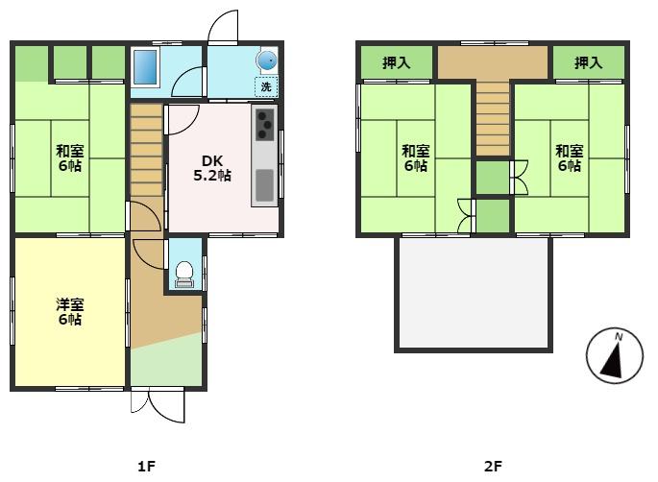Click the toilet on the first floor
click(x=183, y=275)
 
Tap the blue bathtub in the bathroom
click(x=145, y=67)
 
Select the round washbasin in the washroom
click(x=266, y=60)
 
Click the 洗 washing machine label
click(x=266, y=87)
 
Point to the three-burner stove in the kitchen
click(x=265, y=125)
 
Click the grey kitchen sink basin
click(x=265, y=184)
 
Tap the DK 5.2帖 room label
click(x=212, y=168)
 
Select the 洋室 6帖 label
click(x=70, y=312)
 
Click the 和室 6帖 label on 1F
click(x=70, y=157)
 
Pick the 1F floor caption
click(x=146, y=466)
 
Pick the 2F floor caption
click(x=493, y=466)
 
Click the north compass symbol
click(x=615, y=355)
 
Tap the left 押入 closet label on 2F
click(x=396, y=63)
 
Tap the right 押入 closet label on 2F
click(x=588, y=63)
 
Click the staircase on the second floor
click(x=493, y=119)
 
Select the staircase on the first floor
click(x=146, y=150)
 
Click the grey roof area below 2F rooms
click(x=474, y=293)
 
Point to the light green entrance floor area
click(x=166, y=360)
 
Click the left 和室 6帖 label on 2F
click(x=415, y=157)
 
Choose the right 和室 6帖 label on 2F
click(x=570, y=157)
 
